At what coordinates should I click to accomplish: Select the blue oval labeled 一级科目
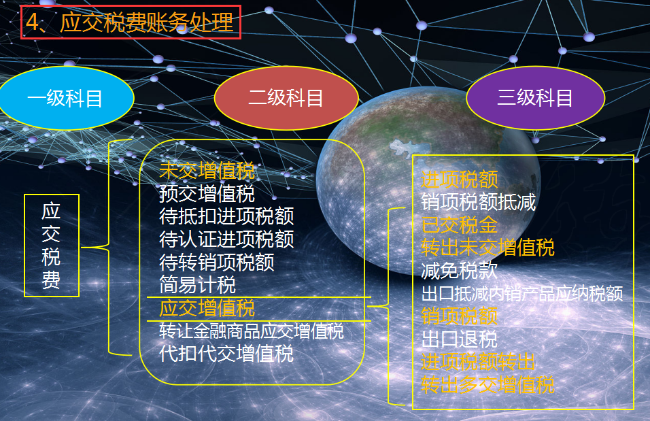pos(65,99)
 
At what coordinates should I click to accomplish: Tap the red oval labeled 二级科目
pos(286,99)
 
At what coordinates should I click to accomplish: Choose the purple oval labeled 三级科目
pos(535,99)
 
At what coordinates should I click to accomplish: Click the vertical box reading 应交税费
pos(52,246)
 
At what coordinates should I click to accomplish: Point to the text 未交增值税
pos(207,171)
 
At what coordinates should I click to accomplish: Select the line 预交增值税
pos(207,194)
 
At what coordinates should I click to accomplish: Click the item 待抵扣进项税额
pos(226,216)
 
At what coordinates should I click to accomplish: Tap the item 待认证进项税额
pos(226,239)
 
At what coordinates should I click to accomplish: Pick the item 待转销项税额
pos(217,262)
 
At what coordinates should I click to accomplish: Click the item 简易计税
pos(197,284)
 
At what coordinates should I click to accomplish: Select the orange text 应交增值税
pos(207,308)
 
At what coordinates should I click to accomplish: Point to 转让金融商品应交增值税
pos(252,331)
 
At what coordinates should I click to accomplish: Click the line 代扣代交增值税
pos(226,354)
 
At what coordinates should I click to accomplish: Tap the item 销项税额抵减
pos(478,202)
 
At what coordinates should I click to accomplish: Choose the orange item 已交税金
pos(459,224)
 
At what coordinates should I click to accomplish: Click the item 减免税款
pos(459,271)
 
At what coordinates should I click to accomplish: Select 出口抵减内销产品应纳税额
pos(521,294)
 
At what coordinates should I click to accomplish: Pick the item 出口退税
pos(459,339)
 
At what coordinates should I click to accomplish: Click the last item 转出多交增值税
pos(487,385)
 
